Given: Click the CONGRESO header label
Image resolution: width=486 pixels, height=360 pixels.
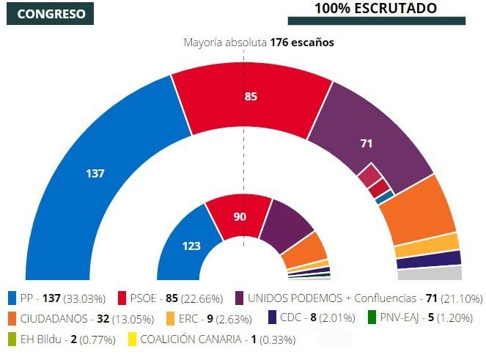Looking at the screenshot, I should [x=50, y=14].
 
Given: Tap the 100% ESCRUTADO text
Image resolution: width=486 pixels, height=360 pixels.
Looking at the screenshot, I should [x=376, y=8].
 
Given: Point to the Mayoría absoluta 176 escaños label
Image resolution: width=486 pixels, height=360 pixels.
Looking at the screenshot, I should [x=258, y=43].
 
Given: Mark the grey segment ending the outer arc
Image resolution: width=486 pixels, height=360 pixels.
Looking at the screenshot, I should [x=430, y=273].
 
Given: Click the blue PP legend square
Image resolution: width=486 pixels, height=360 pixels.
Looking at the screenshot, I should [x=12, y=298].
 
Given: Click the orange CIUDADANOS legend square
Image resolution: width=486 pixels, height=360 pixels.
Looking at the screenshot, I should [x=12, y=319].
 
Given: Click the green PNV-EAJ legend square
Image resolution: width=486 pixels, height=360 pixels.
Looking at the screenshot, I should [x=372, y=319].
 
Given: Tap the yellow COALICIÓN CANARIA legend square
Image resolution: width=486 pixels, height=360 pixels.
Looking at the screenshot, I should [x=133, y=339].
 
